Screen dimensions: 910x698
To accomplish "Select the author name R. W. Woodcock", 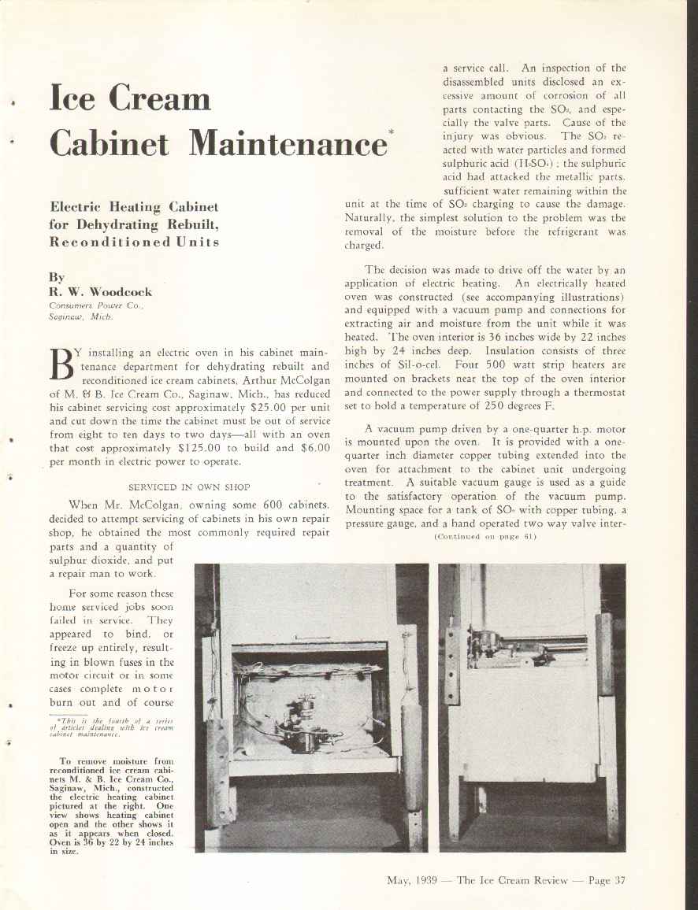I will pyautogui.click(x=100, y=291).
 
